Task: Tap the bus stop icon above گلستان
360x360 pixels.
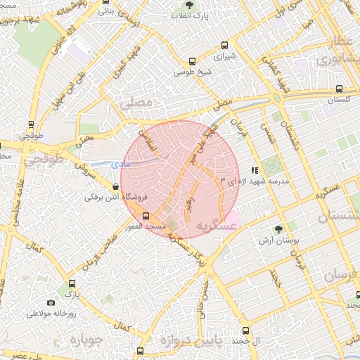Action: [x=340, y=89]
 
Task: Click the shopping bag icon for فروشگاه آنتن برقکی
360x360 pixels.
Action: [x=115, y=186]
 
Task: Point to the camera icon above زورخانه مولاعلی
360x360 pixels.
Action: [x=51, y=302]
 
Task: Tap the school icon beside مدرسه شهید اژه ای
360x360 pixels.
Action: [x=255, y=169]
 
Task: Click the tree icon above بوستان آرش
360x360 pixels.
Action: [x=278, y=229]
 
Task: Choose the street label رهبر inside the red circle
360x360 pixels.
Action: [x=188, y=202]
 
